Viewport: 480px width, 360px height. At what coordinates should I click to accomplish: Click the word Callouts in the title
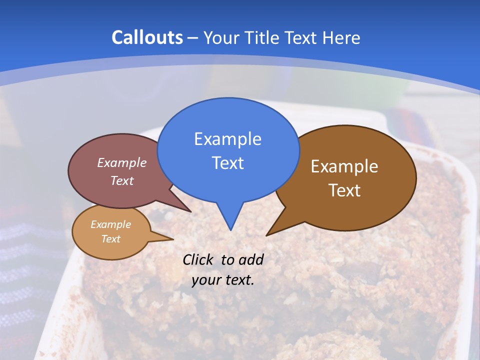pos(147,37)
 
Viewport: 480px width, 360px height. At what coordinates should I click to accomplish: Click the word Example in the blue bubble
pos(227,139)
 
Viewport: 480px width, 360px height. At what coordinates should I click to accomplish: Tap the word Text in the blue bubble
pos(227,163)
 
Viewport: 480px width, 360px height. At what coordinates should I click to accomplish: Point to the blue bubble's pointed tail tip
pos(230,230)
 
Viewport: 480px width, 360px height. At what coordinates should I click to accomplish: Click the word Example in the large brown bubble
pos(344,166)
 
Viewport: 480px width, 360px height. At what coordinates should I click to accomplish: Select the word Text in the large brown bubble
pos(344,190)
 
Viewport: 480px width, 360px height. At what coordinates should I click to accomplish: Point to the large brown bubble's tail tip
pos(266,235)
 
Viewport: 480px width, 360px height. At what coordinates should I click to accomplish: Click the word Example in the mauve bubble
pos(122,162)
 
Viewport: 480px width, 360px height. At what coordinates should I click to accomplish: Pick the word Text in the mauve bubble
pos(122,180)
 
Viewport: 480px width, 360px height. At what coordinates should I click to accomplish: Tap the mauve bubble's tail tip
pos(190,212)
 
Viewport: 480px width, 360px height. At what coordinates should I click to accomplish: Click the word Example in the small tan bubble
pos(110,224)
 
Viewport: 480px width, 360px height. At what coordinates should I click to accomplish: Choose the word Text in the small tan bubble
pos(110,239)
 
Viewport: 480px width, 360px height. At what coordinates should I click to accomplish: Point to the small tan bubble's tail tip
pos(173,239)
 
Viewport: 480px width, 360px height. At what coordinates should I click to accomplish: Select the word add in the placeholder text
pos(251,259)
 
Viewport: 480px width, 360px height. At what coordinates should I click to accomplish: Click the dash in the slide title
pos(193,38)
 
